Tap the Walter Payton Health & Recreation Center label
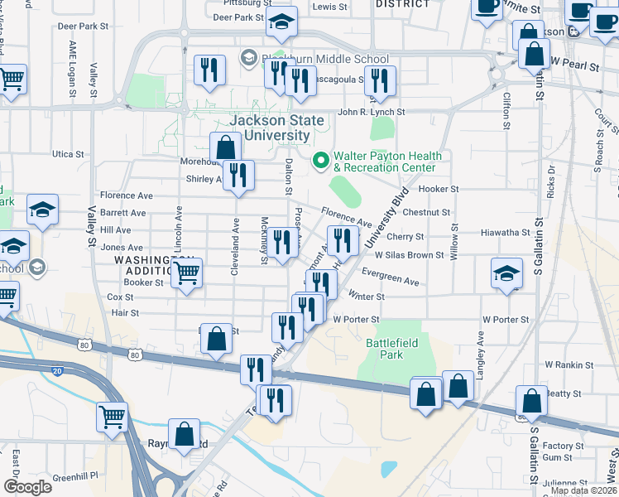387,162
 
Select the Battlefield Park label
385,348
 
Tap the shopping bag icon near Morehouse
225,147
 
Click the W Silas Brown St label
410,255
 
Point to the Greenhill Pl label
75,476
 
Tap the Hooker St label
438,189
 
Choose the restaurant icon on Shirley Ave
238,175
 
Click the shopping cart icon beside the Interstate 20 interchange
112,416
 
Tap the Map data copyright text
583,490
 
